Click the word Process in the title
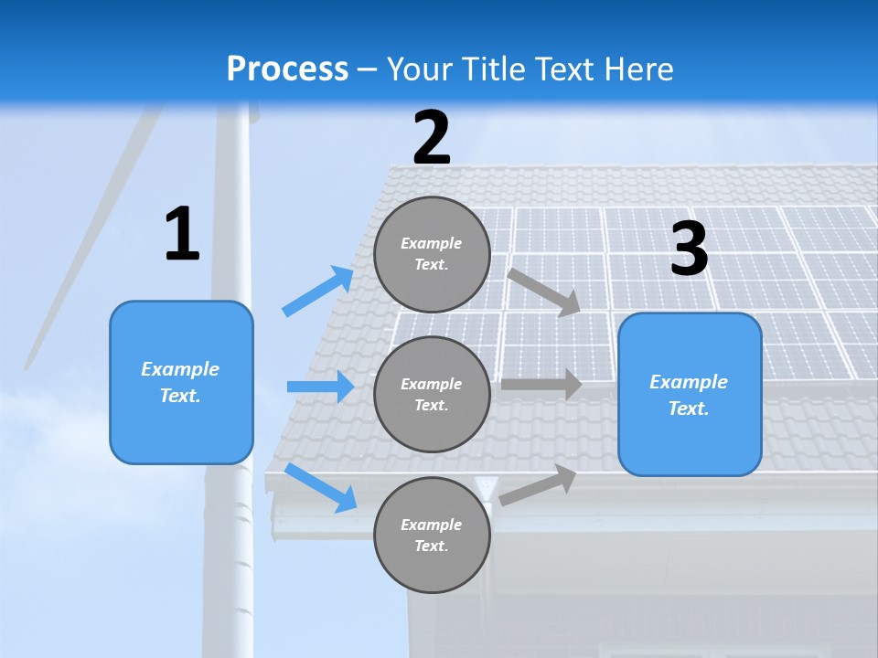coord(287,69)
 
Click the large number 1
coord(182,235)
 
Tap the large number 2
coord(432,138)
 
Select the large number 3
coord(689,249)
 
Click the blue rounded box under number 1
coord(181,382)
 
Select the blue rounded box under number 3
coord(690,394)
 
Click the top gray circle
coord(432,254)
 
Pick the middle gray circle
coord(432,394)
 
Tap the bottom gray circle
coord(432,535)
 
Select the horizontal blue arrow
coord(320,387)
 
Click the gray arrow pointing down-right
coord(543,292)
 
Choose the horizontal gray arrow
coord(541,385)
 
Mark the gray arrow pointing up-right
coord(538,485)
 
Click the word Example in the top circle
coord(432,243)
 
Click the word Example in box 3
coord(689,382)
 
